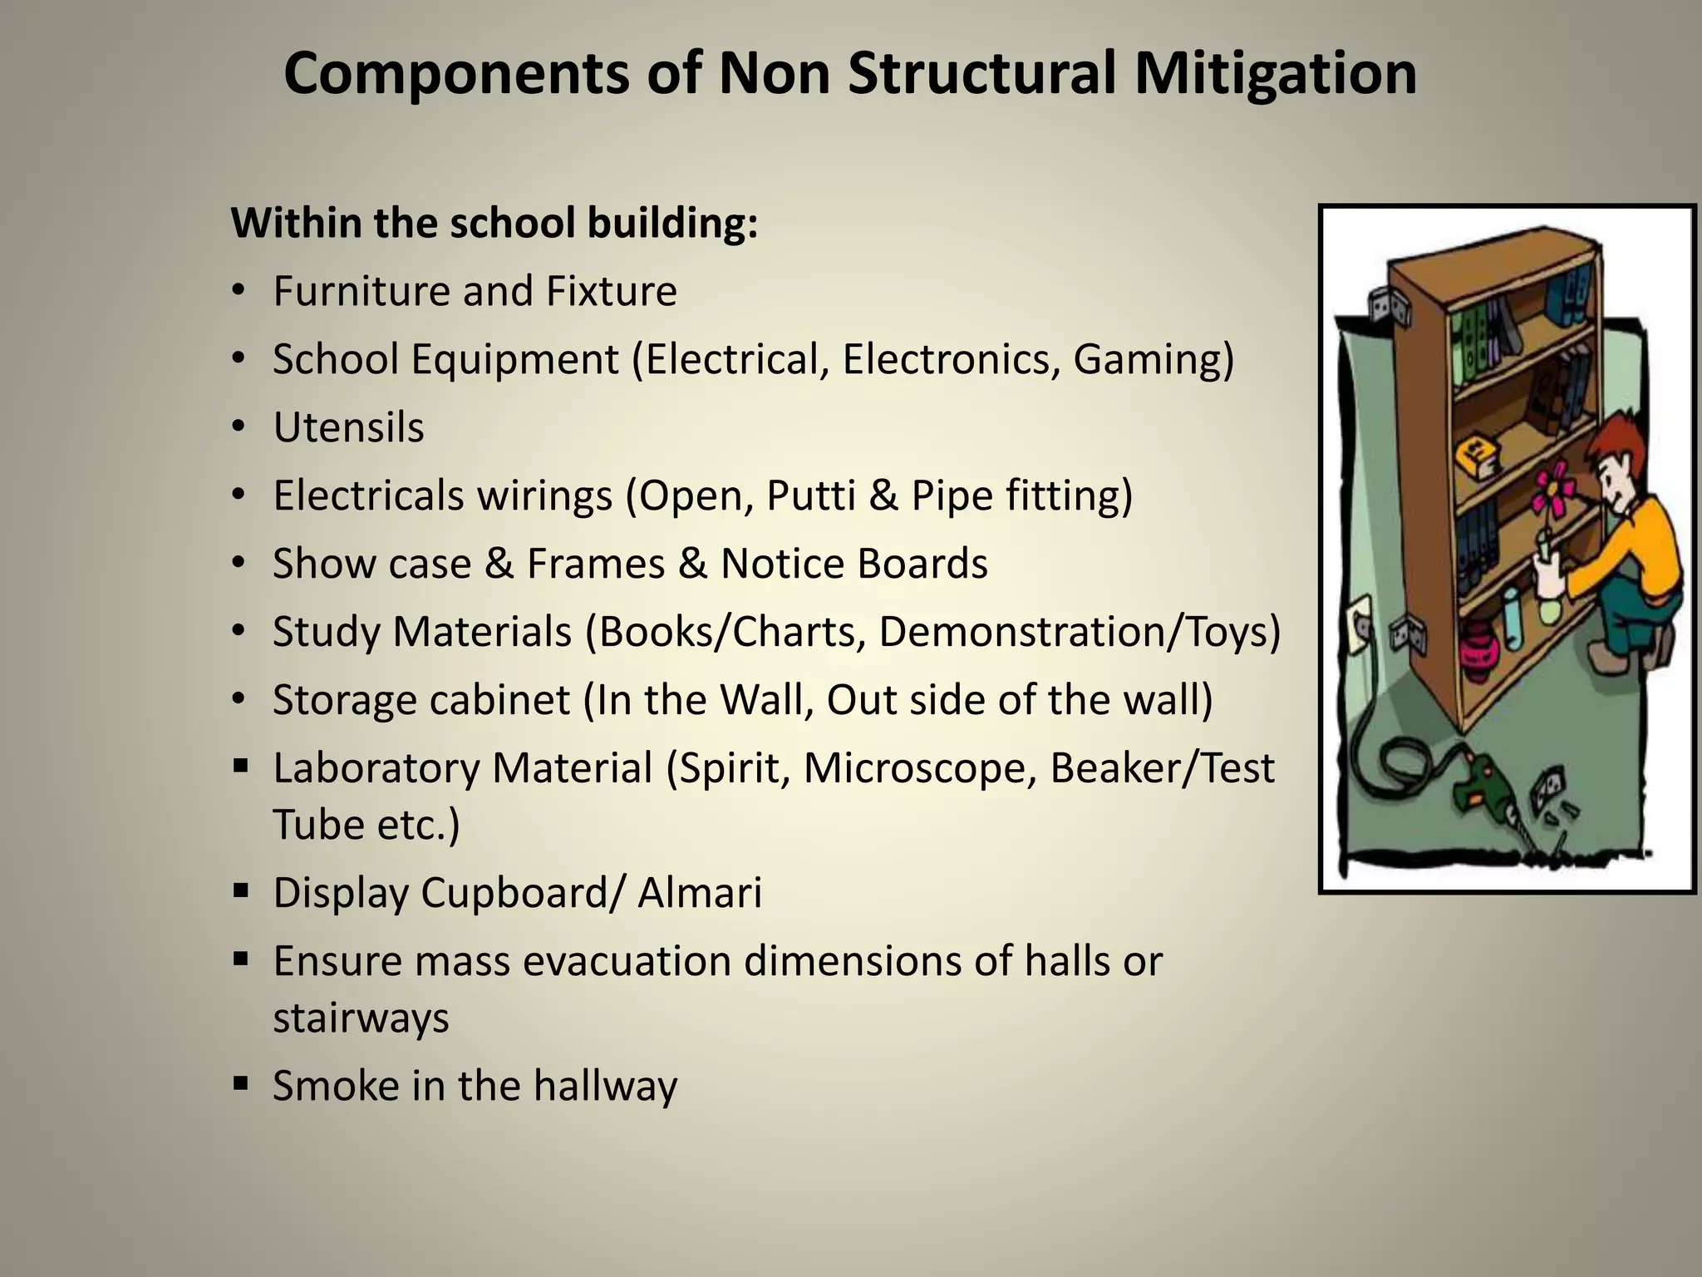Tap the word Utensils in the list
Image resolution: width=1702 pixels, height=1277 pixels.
coord(348,427)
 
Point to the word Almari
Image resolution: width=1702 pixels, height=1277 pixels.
coord(699,893)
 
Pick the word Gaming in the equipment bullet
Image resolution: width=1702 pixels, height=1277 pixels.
coord(1153,359)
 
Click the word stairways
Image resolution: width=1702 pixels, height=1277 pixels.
coord(361,1018)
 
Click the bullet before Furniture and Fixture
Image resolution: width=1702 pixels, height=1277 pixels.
coord(239,291)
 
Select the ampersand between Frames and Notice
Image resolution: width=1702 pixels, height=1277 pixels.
coord(691,564)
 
